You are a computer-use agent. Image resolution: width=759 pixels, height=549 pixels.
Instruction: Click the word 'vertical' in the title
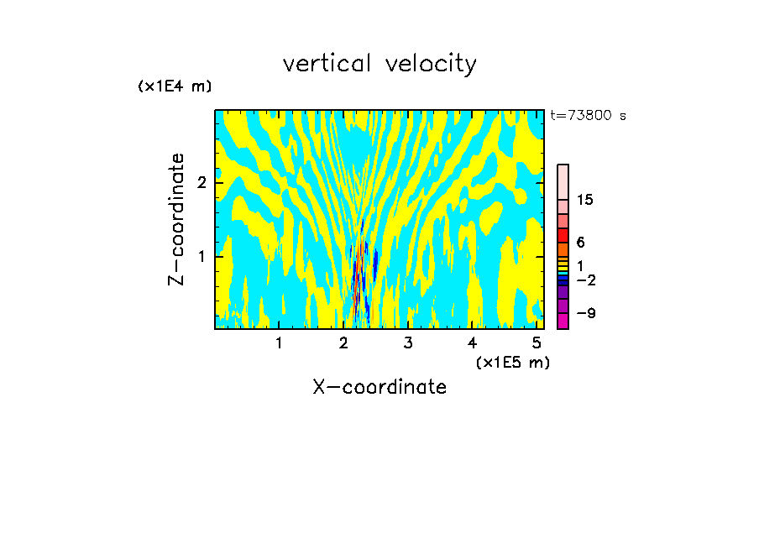(x=327, y=64)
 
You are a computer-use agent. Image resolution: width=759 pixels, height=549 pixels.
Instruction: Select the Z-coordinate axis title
(x=176, y=219)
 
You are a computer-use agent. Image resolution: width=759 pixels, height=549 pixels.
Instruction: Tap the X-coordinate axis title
(x=379, y=387)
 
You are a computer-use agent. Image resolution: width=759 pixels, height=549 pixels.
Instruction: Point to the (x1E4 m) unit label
(x=175, y=86)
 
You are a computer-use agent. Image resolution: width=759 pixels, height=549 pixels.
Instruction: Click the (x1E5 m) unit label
(x=512, y=362)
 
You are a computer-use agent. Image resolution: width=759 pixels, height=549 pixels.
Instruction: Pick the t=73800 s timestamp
(x=588, y=116)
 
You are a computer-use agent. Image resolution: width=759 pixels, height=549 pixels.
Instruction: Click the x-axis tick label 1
(x=279, y=343)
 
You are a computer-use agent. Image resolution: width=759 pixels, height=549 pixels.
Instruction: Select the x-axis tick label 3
(x=408, y=343)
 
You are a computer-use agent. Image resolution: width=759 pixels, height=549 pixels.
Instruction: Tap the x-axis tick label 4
(x=473, y=343)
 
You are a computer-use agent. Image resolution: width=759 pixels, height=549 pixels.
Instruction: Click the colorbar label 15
(x=585, y=201)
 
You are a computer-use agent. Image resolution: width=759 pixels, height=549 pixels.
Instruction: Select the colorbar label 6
(x=581, y=243)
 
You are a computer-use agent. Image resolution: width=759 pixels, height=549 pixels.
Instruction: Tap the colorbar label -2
(x=585, y=280)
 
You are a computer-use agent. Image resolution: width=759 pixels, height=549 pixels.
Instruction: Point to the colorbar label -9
(x=585, y=314)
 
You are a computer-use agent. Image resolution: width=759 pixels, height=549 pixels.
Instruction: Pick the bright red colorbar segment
(x=563, y=235)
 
